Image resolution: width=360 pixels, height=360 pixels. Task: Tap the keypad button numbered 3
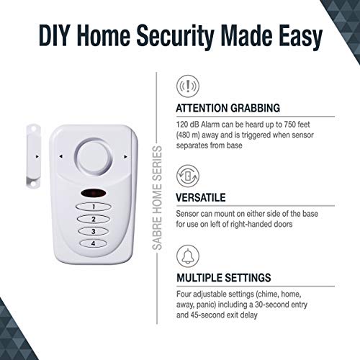(94, 231)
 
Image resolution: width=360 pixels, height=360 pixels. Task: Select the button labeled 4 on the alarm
(94, 243)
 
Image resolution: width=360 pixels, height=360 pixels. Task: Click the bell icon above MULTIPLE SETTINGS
(188, 256)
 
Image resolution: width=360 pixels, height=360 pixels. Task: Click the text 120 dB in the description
(189, 125)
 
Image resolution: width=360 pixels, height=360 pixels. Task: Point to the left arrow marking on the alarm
(60, 156)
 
